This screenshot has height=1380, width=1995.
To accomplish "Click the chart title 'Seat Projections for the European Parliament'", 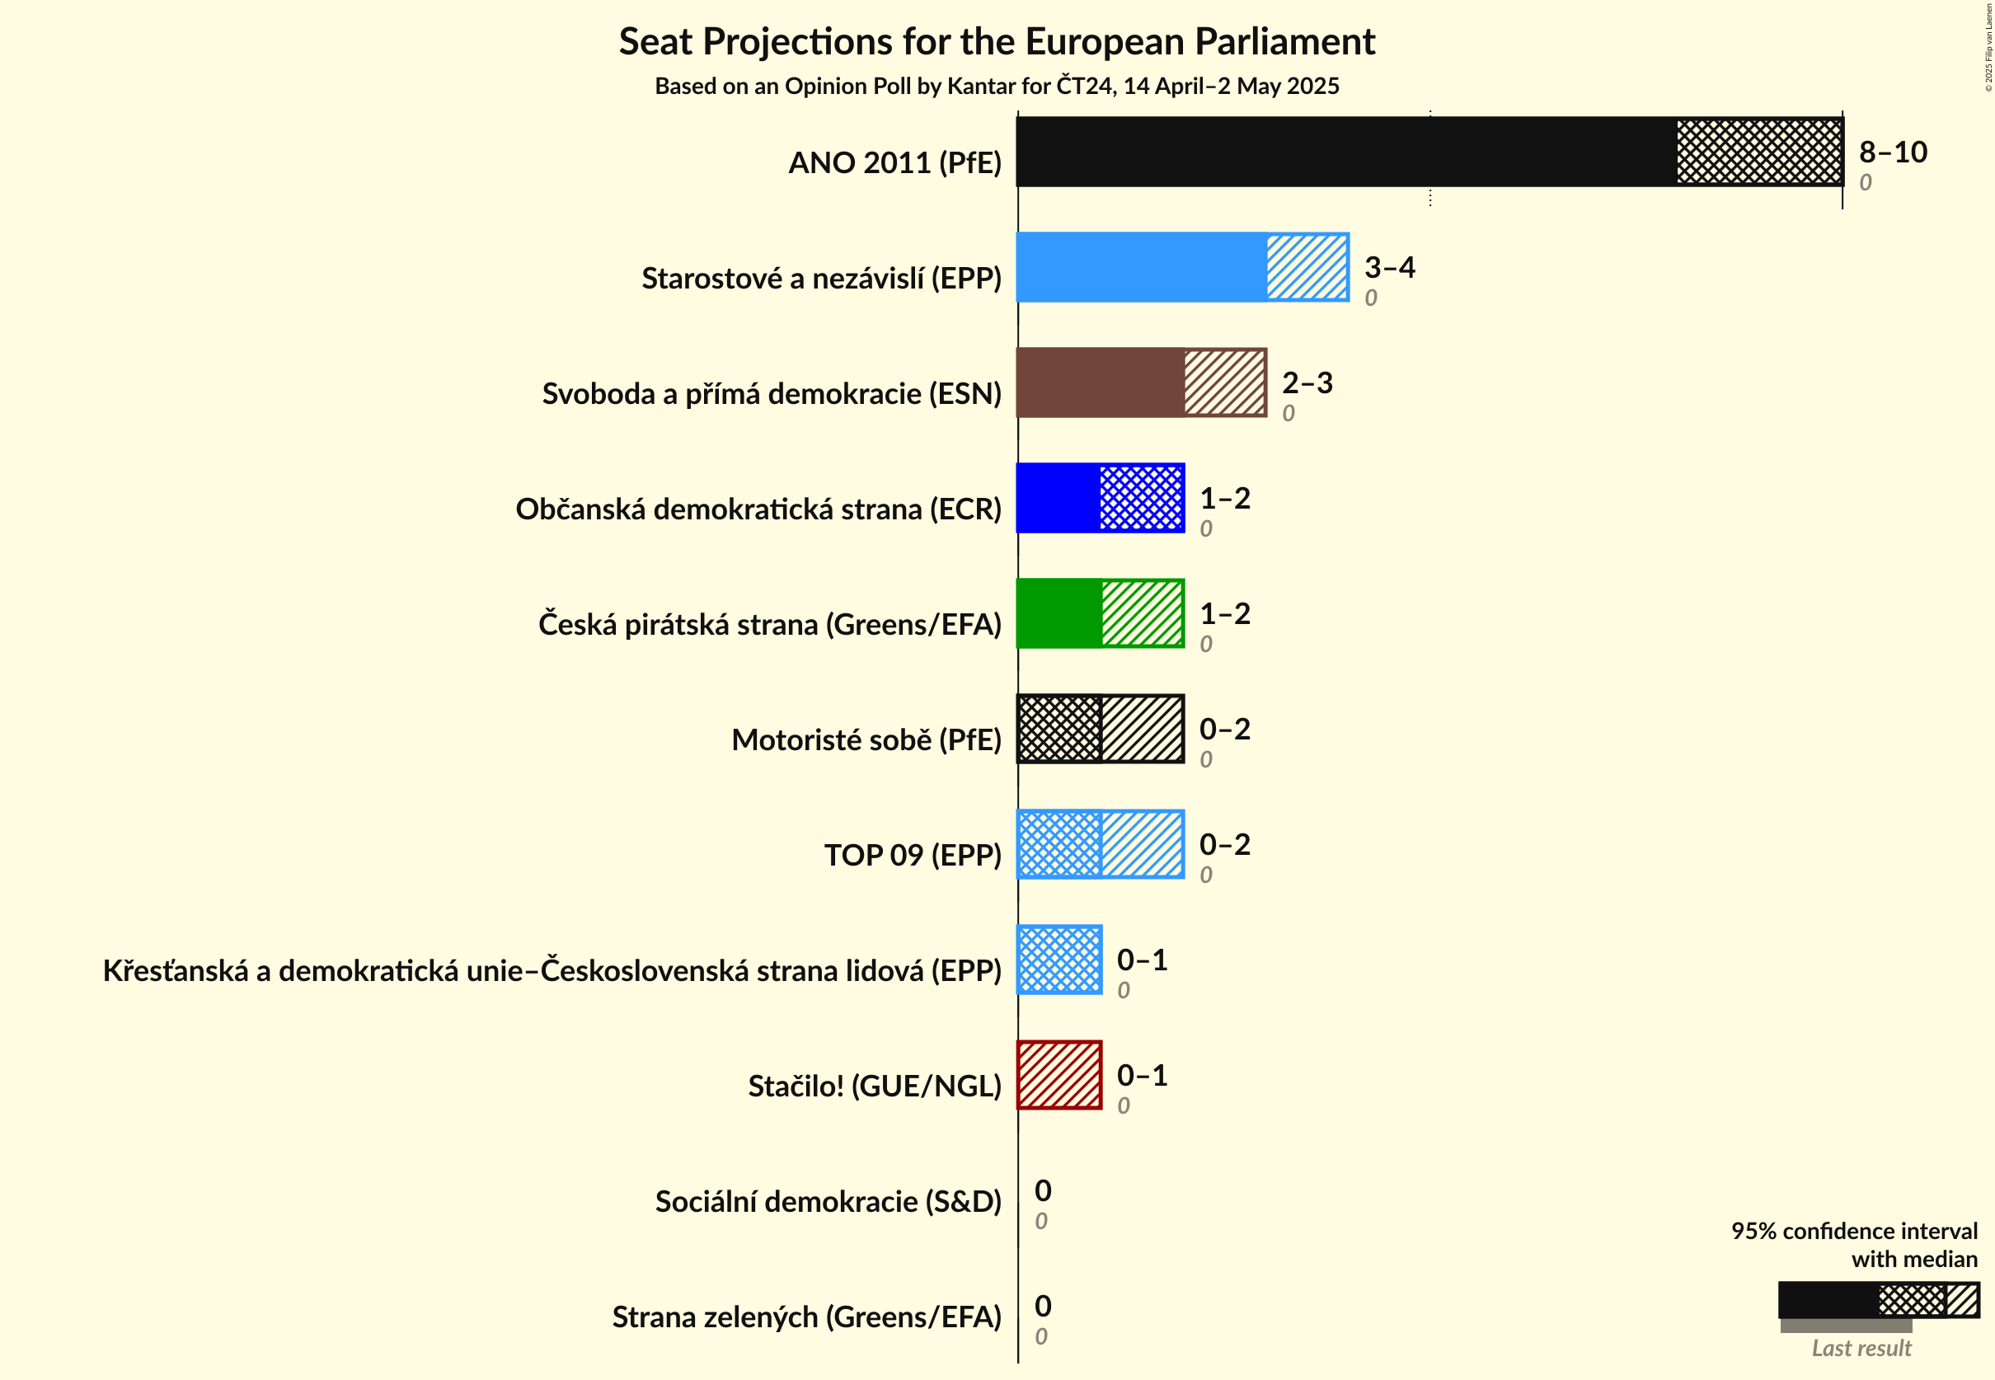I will [996, 41].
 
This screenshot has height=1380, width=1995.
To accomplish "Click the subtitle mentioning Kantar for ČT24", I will [996, 87].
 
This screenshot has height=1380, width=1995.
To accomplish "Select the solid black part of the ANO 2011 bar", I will [1345, 152].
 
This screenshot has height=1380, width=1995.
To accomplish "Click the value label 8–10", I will [1892, 153].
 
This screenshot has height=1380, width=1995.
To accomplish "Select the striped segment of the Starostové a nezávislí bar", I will [1306, 267].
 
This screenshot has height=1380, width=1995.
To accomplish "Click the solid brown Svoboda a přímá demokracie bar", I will [1100, 383].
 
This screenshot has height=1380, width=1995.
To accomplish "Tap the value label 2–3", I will [1306, 383].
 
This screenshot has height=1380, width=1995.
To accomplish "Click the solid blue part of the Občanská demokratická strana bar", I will [1058, 498].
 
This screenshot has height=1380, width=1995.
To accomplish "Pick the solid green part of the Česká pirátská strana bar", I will [1059, 613].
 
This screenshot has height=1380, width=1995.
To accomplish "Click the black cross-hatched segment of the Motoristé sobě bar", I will [1059, 729].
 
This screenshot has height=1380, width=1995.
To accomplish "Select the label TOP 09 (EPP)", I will [912, 855].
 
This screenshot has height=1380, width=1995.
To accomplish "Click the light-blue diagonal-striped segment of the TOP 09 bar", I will [1142, 844].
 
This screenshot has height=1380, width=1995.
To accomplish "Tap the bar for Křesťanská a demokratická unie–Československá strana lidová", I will [1059, 960].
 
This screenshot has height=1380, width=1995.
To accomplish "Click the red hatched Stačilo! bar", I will [1059, 1075].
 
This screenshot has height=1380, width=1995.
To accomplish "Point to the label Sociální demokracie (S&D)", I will [828, 1202].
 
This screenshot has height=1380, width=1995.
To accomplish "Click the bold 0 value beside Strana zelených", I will [1043, 1306].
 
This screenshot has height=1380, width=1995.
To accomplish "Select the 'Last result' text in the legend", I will [1861, 1348].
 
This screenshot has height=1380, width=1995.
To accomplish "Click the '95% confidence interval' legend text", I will [1853, 1232].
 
